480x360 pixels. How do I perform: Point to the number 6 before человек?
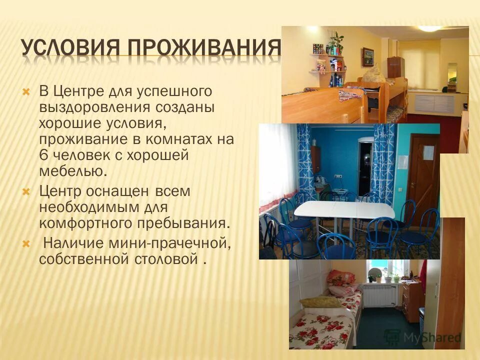[43, 155]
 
